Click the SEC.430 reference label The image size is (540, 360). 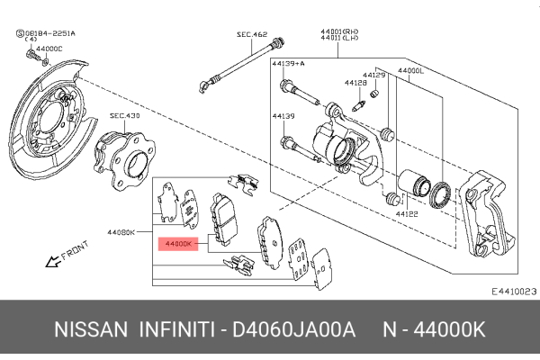pos(124,115)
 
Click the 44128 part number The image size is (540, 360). pos(355,82)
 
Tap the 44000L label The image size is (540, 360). pos(411,70)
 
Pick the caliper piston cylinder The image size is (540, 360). pos(417,183)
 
